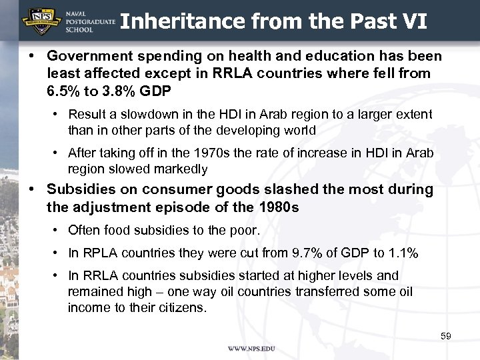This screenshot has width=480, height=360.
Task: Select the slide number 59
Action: click(446, 336)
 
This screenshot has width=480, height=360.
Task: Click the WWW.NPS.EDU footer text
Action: click(251, 349)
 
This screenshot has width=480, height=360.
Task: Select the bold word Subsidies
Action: click(77, 189)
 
